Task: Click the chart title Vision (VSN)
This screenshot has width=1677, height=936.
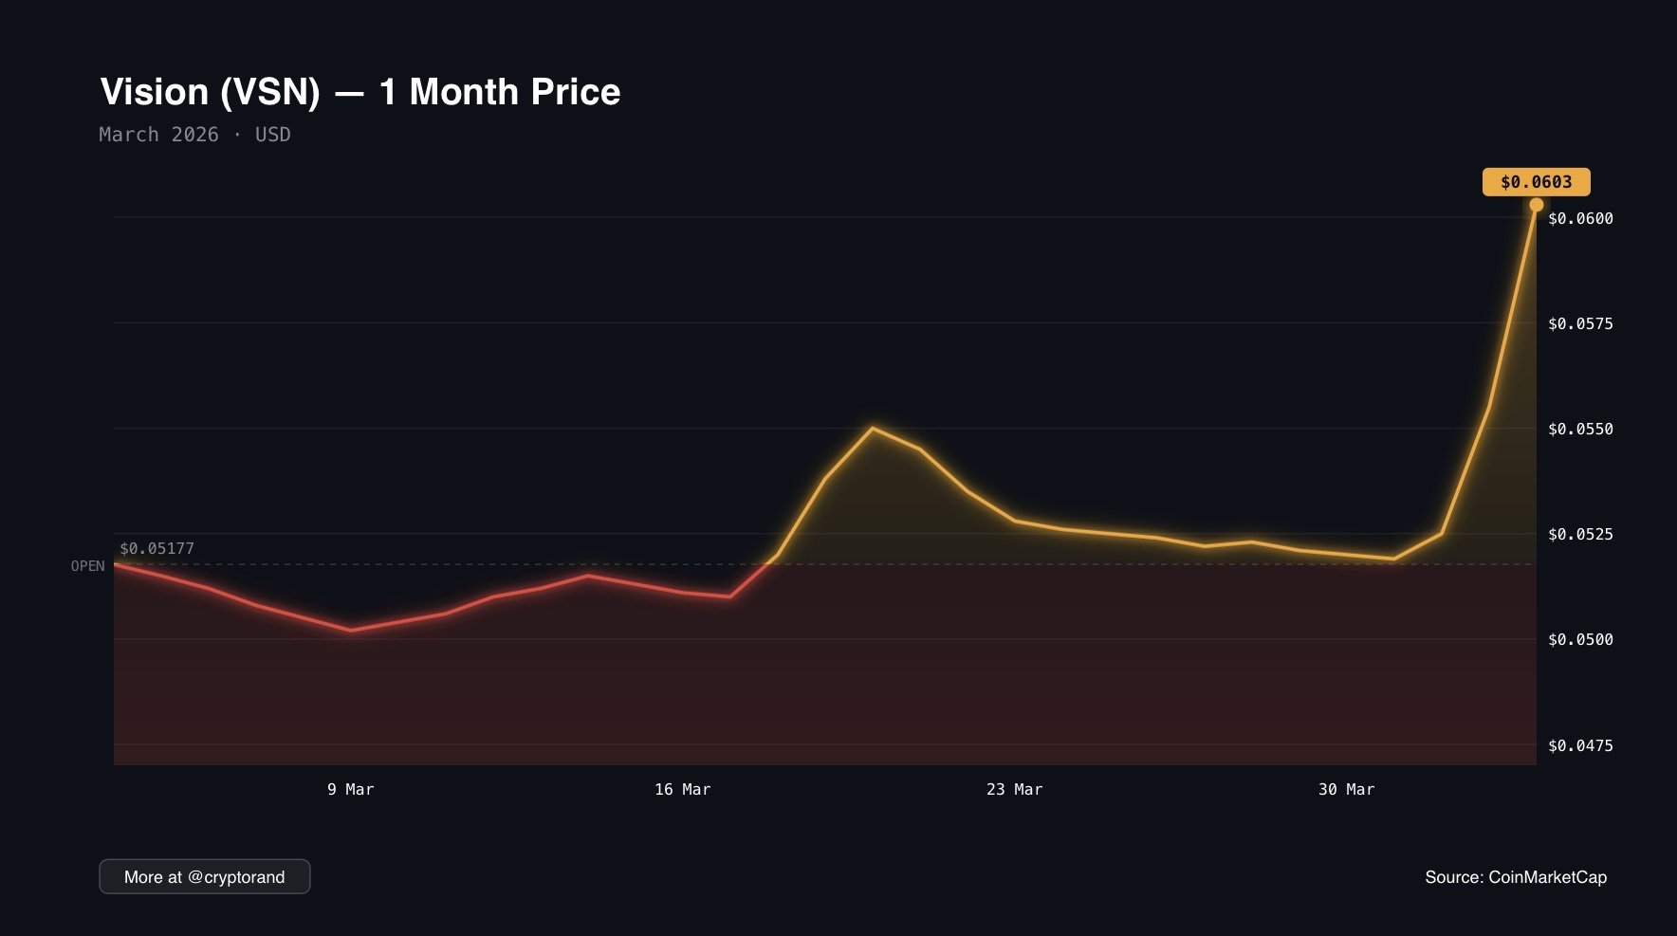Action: (359, 92)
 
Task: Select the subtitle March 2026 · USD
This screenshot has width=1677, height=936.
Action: (194, 135)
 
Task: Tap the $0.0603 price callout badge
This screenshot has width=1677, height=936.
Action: (1536, 182)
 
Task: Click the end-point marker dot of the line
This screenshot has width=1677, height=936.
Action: (1536, 205)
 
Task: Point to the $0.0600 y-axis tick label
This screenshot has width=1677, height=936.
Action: (1580, 219)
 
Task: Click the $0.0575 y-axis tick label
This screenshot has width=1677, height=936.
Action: (1580, 324)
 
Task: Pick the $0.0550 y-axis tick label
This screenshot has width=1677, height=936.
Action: (1580, 430)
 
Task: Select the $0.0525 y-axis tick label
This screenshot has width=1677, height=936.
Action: (1580, 535)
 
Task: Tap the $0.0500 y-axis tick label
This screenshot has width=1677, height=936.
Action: (1580, 640)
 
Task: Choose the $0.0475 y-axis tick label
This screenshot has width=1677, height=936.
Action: (1580, 746)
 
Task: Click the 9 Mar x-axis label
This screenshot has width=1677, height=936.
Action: (351, 790)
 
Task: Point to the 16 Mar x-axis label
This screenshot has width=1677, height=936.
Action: (682, 790)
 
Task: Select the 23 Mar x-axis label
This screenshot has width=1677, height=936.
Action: (1014, 790)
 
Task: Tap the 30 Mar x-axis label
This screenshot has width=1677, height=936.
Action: (1346, 790)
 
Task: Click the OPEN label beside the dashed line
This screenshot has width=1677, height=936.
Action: (87, 566)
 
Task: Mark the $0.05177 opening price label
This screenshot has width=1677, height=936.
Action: (157, 549)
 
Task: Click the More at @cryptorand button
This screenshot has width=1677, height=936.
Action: (204, 877)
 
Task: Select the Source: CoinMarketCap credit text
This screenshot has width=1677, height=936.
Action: (1515, 877)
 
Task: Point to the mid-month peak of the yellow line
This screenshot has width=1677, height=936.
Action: (873, 428)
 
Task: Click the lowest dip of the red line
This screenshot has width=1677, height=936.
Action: (351, 630)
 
